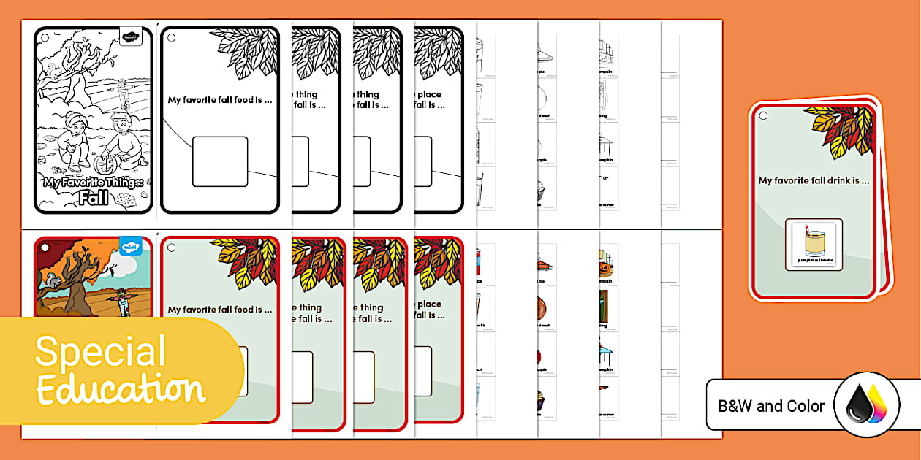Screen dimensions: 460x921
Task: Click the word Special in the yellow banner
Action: (x=100, y=352)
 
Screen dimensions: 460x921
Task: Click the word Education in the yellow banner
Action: (x=121, y=388)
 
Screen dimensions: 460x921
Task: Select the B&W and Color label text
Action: (x=771, y=406)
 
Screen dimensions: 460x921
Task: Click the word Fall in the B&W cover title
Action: (x=93, y=198)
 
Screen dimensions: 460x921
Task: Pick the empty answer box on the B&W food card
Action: (x=220, y=161)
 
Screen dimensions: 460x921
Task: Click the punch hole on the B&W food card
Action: (x=172, y=38)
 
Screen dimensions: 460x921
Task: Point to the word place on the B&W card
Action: (x=430, y=94)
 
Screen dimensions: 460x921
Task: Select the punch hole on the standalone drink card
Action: (x=763, y=115)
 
